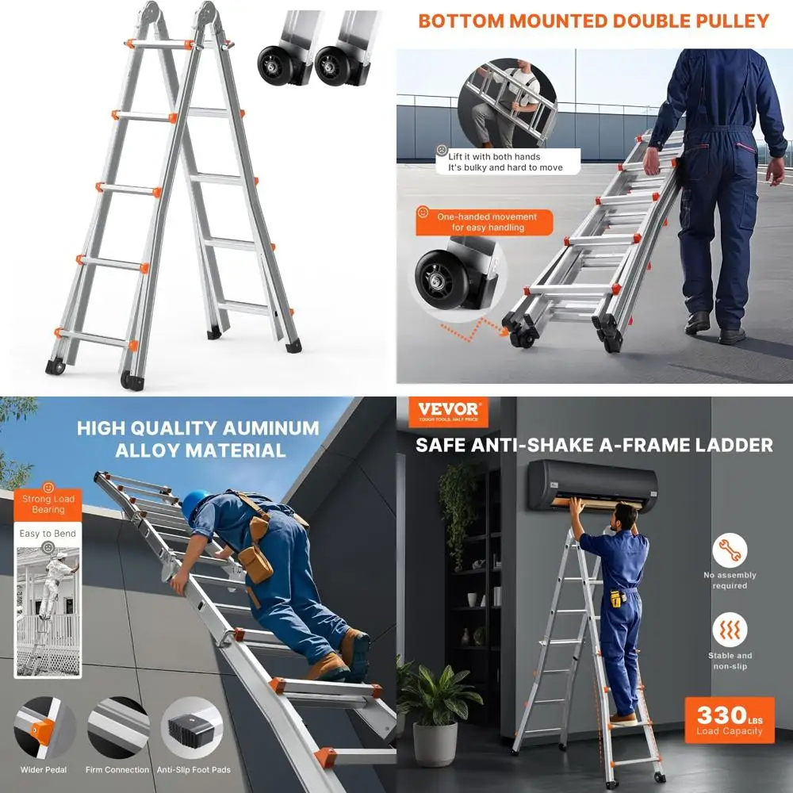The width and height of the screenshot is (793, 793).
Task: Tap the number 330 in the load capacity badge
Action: [722, 715]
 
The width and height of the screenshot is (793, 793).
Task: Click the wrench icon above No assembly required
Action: [730, 550]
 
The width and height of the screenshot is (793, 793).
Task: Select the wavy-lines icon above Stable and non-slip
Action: [730, 630]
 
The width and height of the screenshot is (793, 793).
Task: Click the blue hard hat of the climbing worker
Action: [195, 505]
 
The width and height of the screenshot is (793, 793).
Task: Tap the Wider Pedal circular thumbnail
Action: [44, 728]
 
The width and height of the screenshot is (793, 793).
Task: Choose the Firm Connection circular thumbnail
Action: [118, 728]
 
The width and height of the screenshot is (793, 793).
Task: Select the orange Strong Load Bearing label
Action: [48, 504]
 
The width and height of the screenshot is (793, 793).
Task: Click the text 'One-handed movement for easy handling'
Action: [488, 222]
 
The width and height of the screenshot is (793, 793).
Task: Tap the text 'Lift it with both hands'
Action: [494, 157]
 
